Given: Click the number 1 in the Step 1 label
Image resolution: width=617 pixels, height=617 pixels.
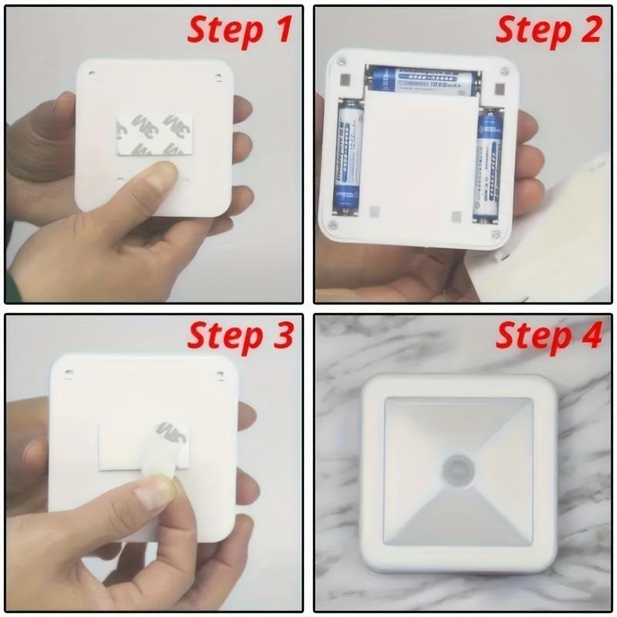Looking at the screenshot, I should click(x=281, y=31).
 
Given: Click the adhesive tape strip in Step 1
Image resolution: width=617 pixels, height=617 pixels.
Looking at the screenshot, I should click(x=154, y=136).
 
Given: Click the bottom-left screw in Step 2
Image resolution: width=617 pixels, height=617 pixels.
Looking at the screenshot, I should click(x=332, y=224).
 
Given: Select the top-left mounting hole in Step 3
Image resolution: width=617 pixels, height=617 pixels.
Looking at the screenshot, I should click(x=69, y=374).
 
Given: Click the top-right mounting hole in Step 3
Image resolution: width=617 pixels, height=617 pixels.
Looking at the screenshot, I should click(x=219, y=375).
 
